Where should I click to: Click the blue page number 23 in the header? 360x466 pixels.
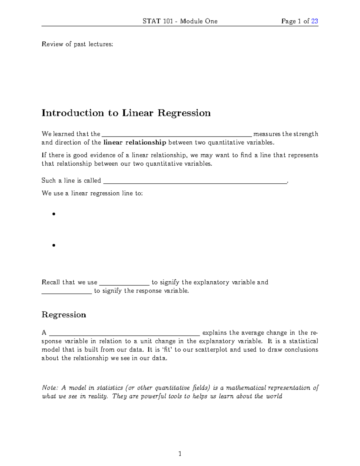[314, 21]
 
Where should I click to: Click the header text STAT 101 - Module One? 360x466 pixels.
[180, 21]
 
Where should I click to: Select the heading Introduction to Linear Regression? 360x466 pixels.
[126, 113]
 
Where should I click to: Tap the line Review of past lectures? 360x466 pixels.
[77, 44]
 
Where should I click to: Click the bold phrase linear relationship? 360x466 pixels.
[135, 142]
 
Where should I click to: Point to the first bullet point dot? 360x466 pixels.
[54, 214]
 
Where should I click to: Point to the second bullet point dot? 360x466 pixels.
[54, 245]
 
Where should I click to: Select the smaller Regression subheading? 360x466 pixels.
[64, 314]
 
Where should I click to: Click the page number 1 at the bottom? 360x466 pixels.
[180, 454]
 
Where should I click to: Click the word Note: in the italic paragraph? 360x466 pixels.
[49, 388]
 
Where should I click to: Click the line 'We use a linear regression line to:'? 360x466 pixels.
[92, 193]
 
